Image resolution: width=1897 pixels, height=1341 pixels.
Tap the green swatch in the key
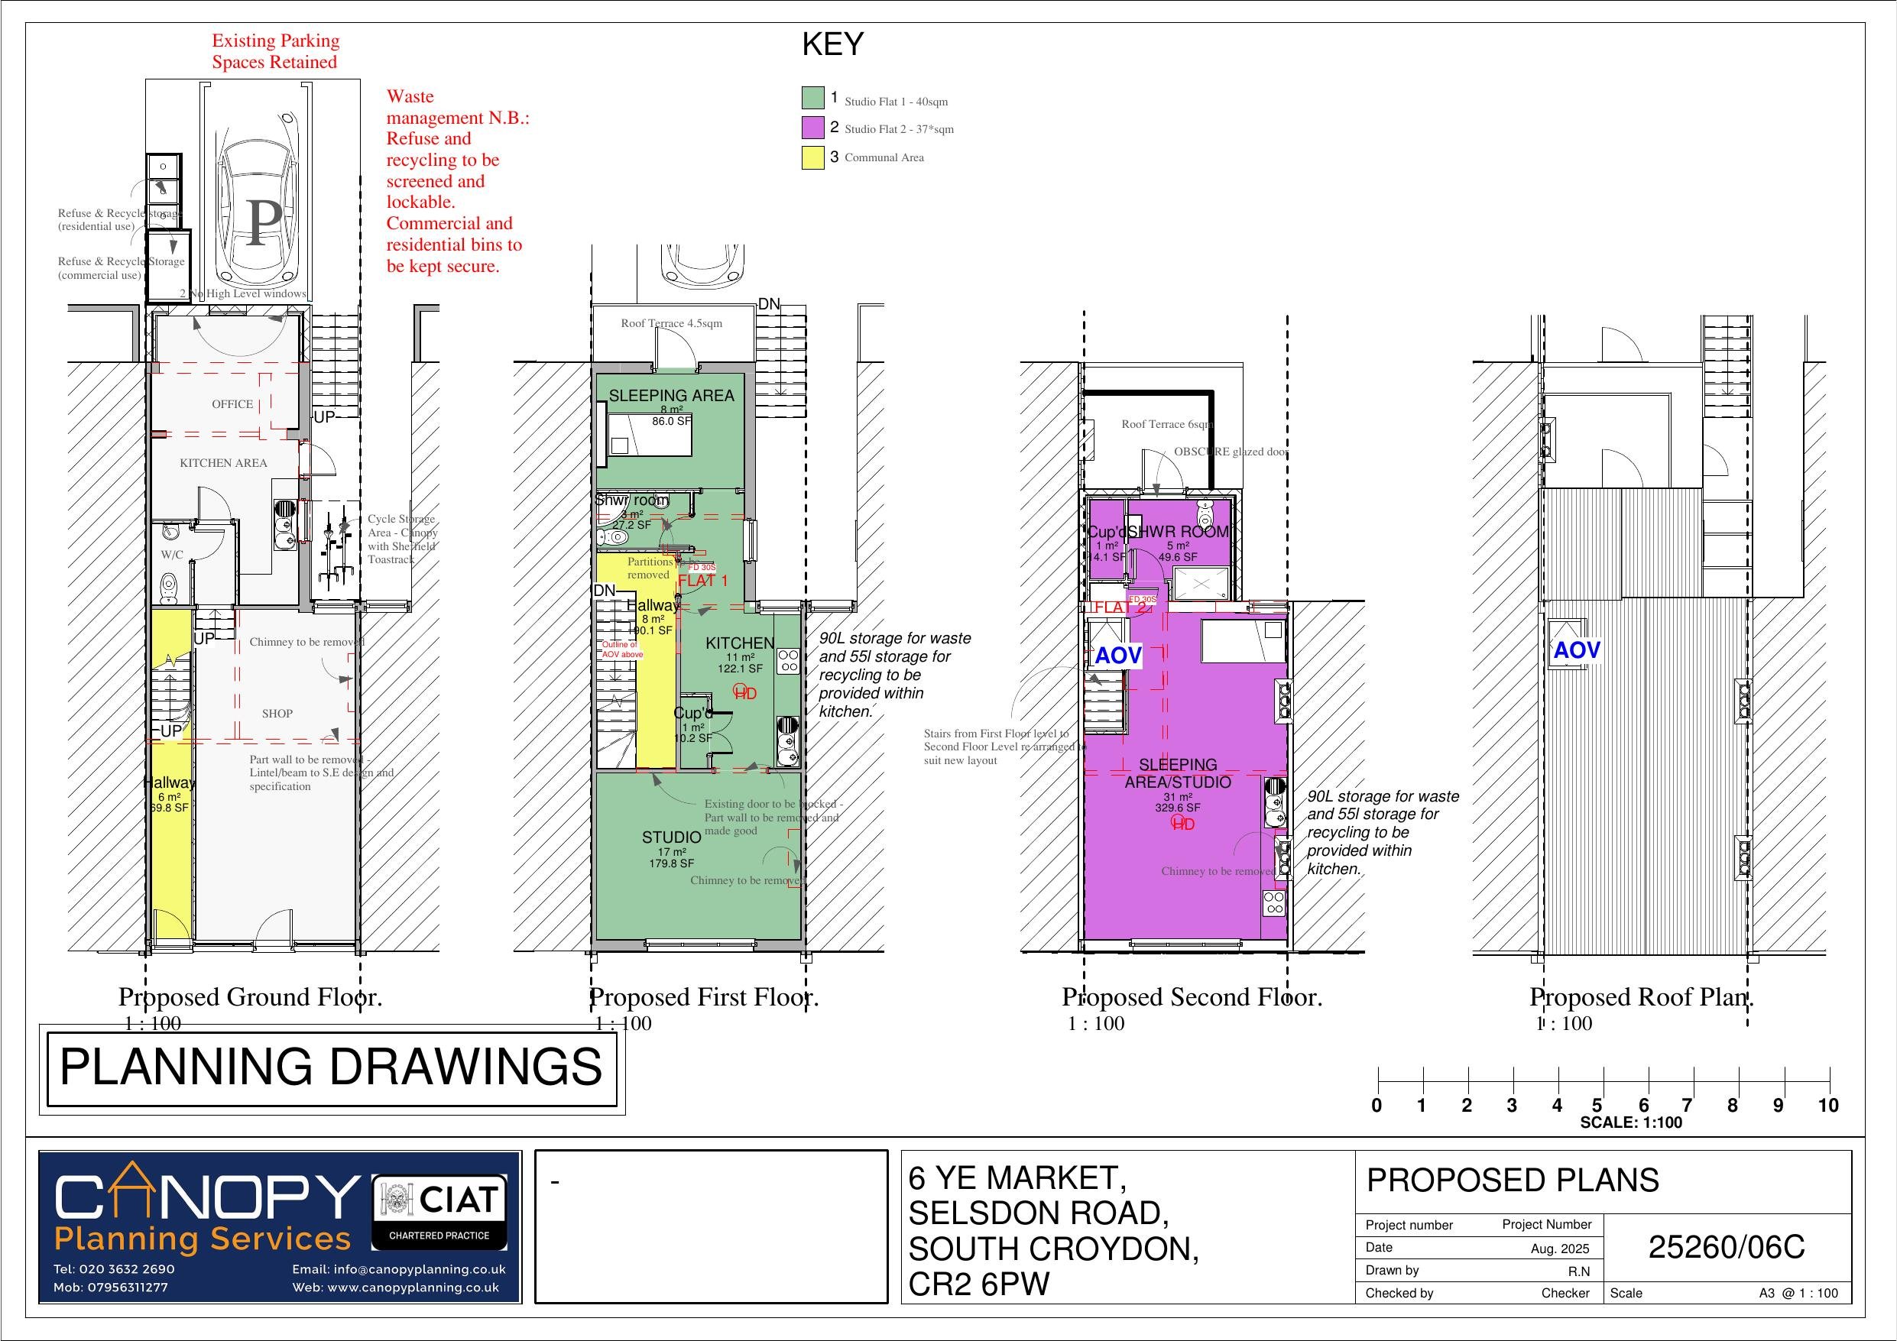click(812, 99)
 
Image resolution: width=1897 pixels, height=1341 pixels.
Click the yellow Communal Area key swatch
click(812, 157)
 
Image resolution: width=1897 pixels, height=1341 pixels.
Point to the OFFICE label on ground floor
click(232, 404)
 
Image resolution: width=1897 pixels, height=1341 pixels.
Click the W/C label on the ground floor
click(172, 555)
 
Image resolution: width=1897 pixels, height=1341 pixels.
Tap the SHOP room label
click(277, 713)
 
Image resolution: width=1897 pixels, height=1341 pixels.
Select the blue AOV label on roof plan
click(1577, 650)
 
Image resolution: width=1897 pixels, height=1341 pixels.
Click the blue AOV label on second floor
click(1118, 656)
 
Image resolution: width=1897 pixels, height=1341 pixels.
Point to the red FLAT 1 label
click(702, 581)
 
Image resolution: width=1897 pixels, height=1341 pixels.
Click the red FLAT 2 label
click(1120, 607)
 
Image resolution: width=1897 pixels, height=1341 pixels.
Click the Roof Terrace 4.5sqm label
click(671, 323)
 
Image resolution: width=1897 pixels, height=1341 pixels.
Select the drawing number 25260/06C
click(1726, 1247)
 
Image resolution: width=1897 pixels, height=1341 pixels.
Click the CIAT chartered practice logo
click(439, 1212)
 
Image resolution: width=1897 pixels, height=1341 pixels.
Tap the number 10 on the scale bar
click(1827, 1106)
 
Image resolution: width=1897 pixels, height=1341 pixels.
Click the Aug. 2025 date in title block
click(1559, 1249)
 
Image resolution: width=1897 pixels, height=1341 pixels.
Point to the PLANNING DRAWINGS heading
click(330, 1067)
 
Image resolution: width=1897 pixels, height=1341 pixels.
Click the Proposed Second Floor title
click(1192, 997)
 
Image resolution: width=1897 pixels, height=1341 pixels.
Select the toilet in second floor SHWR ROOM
click(1205, 517)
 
